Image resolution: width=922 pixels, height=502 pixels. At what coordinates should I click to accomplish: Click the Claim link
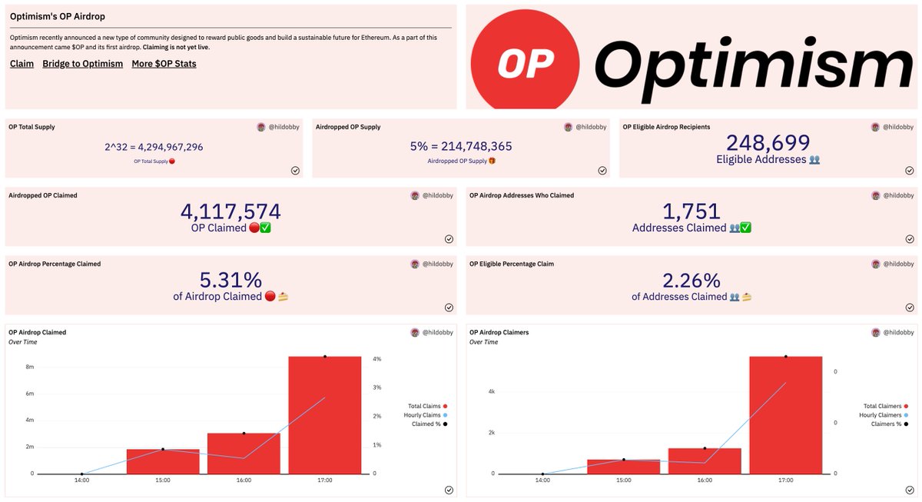(x=22, y=64)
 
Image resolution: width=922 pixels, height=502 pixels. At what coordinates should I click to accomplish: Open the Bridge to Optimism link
(x=83, y=64)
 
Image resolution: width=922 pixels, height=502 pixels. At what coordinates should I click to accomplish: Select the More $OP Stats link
(x=164, y=64)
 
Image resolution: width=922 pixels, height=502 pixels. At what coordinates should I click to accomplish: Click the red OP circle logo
(x=526, y=61)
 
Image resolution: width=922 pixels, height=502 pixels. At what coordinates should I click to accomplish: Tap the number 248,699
(x=768, y=143)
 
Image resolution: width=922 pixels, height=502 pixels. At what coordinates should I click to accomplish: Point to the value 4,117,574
(x=230, y=211)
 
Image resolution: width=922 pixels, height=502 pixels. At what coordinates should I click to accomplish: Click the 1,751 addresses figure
(x=691, y=211)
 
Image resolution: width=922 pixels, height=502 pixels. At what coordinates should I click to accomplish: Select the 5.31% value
(x=230, y=280)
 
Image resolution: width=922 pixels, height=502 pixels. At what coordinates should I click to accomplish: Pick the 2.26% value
(x=691, y=281)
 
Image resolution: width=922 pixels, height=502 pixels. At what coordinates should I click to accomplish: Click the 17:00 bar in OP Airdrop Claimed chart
(x=325, y=415)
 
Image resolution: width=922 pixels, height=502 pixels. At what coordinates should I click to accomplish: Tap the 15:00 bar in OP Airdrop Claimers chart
(x=624, y=467)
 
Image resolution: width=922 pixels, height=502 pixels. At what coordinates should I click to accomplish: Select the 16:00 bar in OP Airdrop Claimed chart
(x=244, y=454)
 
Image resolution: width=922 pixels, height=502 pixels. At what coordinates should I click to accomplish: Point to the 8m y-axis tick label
(x=30, y=367)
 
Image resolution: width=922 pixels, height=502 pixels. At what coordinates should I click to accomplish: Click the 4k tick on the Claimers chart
(x=492, y=391)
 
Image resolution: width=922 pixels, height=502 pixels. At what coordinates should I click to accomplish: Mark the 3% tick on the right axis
(x=377, y=387)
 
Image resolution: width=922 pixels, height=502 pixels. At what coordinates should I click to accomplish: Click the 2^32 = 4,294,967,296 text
(x=154, y=147)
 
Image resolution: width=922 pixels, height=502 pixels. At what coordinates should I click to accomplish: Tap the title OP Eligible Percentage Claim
(x=512, y=264)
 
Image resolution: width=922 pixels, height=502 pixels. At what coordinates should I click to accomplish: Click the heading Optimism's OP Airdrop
(x=58, y=16)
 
